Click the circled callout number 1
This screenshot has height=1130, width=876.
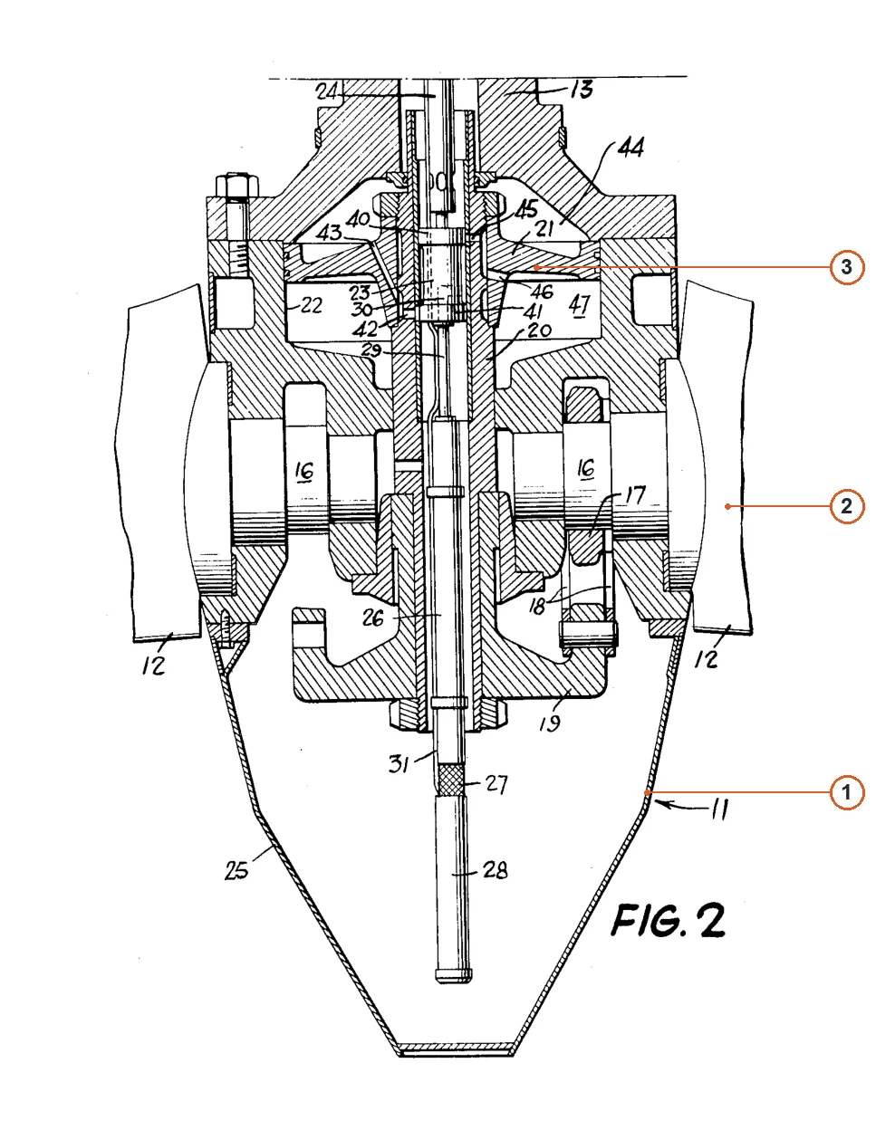pos(846,792)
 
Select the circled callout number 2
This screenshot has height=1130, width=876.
pos(846,506)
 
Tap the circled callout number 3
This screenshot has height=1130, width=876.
pos(846,267)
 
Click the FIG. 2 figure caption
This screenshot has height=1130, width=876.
pos(668,921)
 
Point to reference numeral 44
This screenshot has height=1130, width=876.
pos(631,148)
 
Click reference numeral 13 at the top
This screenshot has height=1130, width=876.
pos(582,90)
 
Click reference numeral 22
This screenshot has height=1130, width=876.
pos(311,305)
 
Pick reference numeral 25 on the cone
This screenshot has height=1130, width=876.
pos(236,869)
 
